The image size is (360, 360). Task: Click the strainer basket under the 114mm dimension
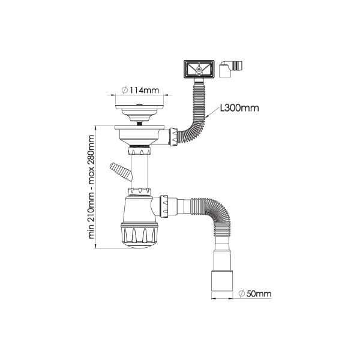point(139,111)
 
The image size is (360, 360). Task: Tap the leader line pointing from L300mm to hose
point(212,113)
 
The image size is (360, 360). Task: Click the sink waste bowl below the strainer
point(140,133)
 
